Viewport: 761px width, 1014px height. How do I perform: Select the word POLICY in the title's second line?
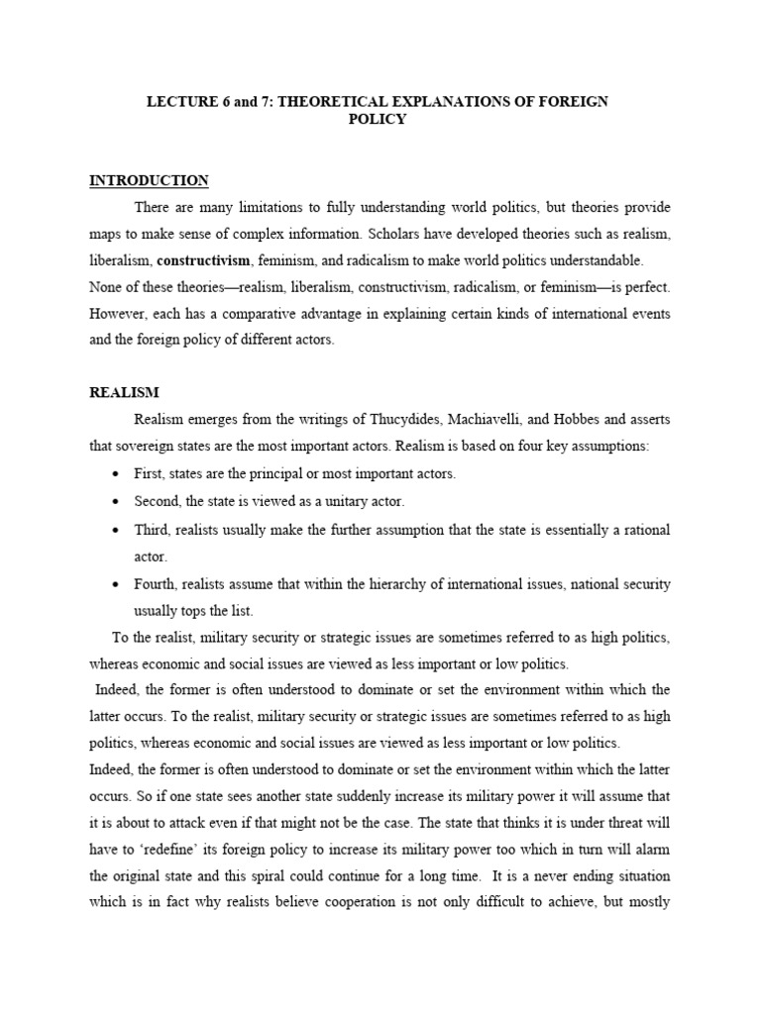coord(380,119)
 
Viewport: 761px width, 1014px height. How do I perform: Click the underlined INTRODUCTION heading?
coord(149,180)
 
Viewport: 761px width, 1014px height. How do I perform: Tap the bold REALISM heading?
coord(124,393)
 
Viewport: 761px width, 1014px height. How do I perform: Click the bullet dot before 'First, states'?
coord(118,474)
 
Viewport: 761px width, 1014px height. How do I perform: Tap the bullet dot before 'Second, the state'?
coord(118,502)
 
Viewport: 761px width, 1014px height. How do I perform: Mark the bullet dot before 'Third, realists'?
coord(118,531)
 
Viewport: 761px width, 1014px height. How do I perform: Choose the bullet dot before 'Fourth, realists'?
coord(118,584)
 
